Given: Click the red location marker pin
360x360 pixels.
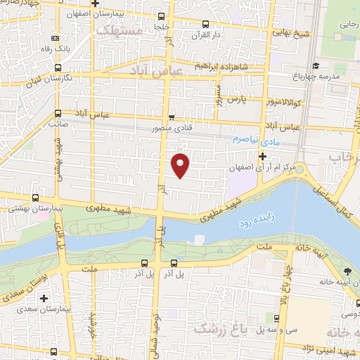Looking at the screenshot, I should (181, 165).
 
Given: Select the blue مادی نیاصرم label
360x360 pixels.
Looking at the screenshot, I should (252, 141).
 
